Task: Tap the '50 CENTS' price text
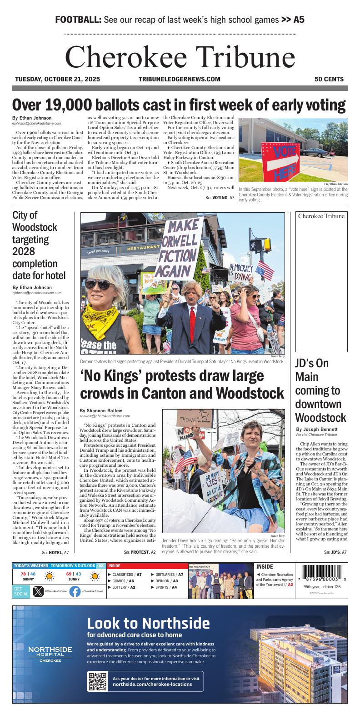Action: click(329, 79)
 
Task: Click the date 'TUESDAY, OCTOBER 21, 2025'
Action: click(57, 79)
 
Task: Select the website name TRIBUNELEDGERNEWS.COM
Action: click(179, 79)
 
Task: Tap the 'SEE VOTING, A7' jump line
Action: click(220, 198)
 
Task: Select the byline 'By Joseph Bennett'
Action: click(316, 429)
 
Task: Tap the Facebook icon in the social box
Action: click(75, 591)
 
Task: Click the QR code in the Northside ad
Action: click(97, 681)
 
